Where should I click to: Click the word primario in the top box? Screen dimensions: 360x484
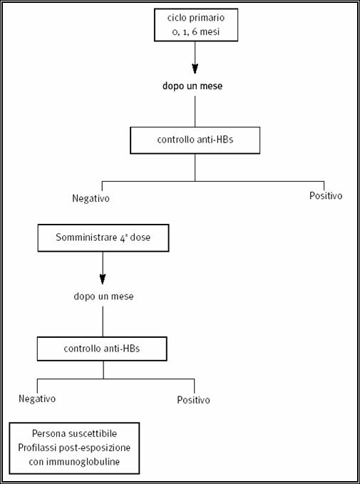click(207, 19)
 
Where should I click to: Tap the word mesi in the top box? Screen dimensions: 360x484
click(210, 32)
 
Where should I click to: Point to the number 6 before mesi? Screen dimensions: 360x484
click(195, 32)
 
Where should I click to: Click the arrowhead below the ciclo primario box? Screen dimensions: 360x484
click(195, 68)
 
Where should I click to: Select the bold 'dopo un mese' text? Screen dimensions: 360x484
click(192, 86)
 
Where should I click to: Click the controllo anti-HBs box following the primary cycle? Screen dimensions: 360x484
click(195, 140)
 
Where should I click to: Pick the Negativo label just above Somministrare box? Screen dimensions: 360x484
click(91, 198)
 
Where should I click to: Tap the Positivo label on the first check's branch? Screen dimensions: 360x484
click(326, 196)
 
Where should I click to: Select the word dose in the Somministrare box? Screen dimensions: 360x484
click(140, 237)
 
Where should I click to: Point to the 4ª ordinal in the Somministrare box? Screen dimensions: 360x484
click(121, 237)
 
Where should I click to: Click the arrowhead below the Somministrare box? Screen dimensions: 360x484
click(103, 279)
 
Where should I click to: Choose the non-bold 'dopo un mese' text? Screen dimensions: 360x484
click(103, 297)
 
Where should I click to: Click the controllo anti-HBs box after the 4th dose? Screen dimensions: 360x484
click(102, 349)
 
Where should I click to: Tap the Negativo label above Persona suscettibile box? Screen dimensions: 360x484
click(37, 398)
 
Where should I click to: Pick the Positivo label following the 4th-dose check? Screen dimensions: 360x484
click(193, 400)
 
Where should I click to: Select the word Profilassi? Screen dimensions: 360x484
click(35, 448)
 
